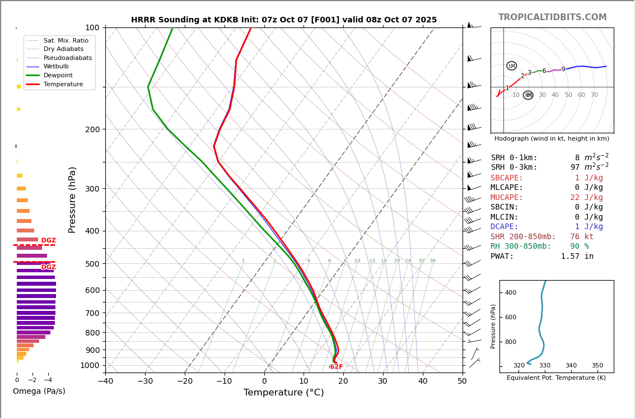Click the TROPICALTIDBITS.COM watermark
click(x=552, y=17)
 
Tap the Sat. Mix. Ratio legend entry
click(x=66, y=40)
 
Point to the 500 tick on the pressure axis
click(x=92, y=264)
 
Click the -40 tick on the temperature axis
click(x=105, y=381)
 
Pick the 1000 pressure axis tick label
click(x=90, y=365)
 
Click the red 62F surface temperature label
click(x=336, y=367)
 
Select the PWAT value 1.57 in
click(x=577, y=257)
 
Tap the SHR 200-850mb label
click(x=523, y=237)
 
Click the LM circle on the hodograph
click(x=511, y=66)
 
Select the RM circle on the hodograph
click(x=528, y=95)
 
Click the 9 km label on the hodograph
click(x=563, y=69)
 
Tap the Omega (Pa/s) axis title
click(x=39, y=391)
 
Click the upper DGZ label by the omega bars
click(x=49, y=241)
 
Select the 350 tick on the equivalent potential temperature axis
click(x=597, y=366)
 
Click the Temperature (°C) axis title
click(x=283, y=393)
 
